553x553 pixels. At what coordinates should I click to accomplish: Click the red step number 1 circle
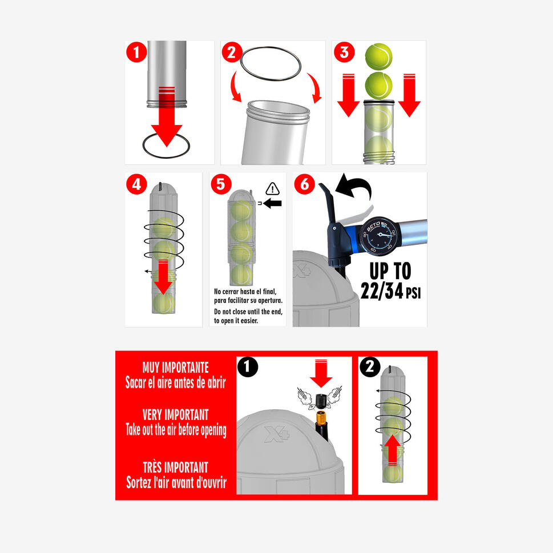coord(136,52)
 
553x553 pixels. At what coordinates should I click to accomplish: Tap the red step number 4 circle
coord(136,184)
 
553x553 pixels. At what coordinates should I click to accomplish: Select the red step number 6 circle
coord(304,184)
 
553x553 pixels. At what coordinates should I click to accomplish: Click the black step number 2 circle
coord(370,367)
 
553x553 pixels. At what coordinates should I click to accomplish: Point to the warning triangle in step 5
coord(273,189)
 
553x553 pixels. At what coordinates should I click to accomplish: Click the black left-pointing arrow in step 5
coord(272,203)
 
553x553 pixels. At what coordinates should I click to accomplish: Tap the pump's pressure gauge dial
coord(378,236)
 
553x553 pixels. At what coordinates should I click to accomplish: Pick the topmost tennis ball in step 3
coord(379,56)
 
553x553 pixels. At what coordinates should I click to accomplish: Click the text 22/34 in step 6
coord(382,291)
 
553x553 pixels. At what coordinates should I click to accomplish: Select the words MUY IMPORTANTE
coord(176,368)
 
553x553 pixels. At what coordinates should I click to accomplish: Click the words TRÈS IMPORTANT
coord(176,467)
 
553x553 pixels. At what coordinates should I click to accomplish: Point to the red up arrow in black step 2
coord(392,451)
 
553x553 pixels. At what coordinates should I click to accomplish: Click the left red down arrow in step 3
coord(349,95)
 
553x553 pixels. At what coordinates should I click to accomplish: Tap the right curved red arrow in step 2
coord(316,87)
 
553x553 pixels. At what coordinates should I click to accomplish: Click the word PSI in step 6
coord(413,293)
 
